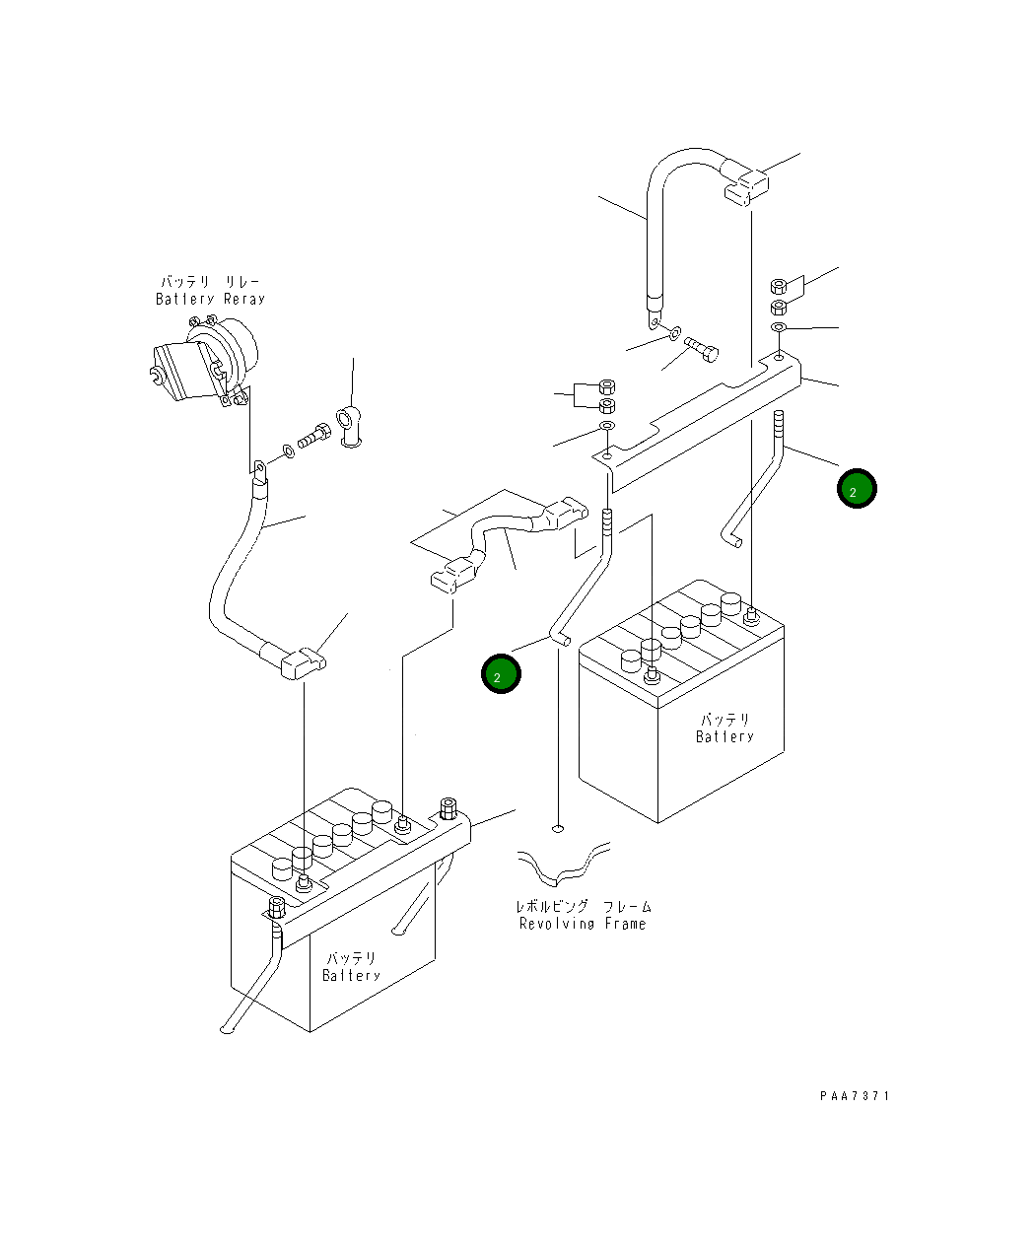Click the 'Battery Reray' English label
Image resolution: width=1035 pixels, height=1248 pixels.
tap(210, 299)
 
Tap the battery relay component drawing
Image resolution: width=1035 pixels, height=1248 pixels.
tap(204, 361)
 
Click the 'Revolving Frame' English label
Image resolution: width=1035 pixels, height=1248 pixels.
tap(583, 924)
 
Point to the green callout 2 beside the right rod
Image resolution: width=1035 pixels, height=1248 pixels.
tap(857, 488)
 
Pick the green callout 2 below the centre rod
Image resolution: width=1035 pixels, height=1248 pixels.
tap(501, 673)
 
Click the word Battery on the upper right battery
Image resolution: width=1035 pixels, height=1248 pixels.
tap(724, 736)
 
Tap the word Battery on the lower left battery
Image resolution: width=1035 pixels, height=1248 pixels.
tap(351, 976)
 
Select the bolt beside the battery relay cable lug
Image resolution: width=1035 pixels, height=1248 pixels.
tap(313, 436)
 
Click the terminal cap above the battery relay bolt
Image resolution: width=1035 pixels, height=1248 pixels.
tap(349, 427)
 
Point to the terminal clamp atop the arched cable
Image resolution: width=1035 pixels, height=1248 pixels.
tap(746, 187)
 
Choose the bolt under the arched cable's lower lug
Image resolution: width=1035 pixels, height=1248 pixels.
tap(702, 349)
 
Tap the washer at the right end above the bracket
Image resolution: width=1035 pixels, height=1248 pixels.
tap(778, 327)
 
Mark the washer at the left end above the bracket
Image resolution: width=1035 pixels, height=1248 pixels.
tap(606, 425)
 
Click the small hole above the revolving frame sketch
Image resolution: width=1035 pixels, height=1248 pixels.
tap(558, 828)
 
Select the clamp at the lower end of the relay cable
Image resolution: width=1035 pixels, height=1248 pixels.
tap(303, 663)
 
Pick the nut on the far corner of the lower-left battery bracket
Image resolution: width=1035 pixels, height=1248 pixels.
tap(448, 809)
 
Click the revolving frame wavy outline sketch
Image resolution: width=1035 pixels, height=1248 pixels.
tap(564, 865)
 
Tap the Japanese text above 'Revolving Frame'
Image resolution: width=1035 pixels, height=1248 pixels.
tap(584, 906)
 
